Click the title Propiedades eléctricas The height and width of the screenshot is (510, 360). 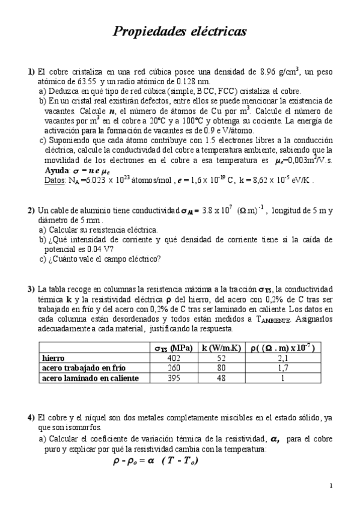tap(180, 31)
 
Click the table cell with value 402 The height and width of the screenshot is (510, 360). tap(173, 358)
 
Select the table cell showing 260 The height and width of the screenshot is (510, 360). tap(173, 368)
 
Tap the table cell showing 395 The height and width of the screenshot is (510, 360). tap(173, 378)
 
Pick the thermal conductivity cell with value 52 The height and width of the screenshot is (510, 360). tap(221, 358)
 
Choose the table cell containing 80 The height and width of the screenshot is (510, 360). tap(221, 368)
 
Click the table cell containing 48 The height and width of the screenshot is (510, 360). tap(221, 378)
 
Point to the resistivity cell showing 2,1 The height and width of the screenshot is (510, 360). tap(284, 358)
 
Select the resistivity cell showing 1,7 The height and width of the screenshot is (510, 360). tap(284, 368)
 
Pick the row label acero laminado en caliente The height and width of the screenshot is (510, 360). tap(90, 378)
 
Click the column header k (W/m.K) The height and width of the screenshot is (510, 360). tap(221, 348)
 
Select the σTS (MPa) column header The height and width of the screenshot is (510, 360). tap(173, 348)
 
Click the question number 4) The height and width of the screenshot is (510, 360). tap(31, 417)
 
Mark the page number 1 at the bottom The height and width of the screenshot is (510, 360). tap(331, 486)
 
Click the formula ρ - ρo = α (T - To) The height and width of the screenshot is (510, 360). tap(156, 461)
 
